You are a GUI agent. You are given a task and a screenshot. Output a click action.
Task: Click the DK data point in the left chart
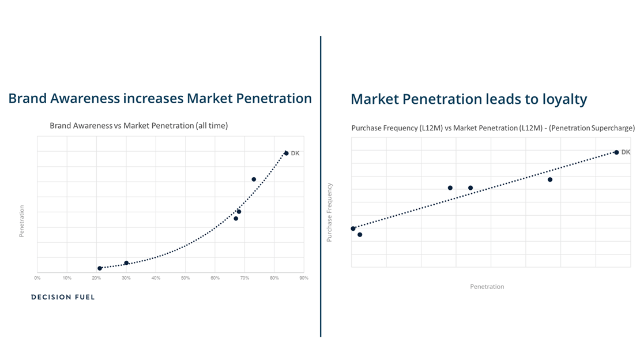pos(286,153)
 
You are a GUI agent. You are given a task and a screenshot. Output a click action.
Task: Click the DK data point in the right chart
pos(616,152)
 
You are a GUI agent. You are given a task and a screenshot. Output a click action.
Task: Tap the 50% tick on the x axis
pos(185,278)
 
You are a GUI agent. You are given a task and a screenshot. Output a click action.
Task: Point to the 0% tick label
pos(37,278)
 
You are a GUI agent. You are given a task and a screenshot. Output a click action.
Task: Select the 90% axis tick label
pos(304,278)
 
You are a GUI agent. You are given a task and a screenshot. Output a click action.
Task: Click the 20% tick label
pos(96,278)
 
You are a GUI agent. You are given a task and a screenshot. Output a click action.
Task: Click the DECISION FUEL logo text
pos(63,297)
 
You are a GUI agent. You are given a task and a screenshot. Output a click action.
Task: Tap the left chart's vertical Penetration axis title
pos(22,221)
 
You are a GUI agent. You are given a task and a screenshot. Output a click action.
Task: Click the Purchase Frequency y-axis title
pos(329,212)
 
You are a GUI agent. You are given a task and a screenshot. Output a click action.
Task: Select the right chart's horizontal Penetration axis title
pos(487,287)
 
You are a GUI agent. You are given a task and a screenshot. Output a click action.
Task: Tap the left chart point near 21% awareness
pos(100,268)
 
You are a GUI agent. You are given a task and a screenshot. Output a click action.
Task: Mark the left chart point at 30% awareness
pos(126,263)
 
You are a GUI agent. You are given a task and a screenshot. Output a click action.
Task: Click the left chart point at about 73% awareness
pos(254,179)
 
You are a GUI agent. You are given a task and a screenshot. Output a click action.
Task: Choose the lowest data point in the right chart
pos(360,235)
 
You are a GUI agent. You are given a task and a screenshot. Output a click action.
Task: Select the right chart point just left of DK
pos(550,180)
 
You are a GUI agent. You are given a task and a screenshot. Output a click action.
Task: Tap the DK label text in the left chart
pos(295,153)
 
